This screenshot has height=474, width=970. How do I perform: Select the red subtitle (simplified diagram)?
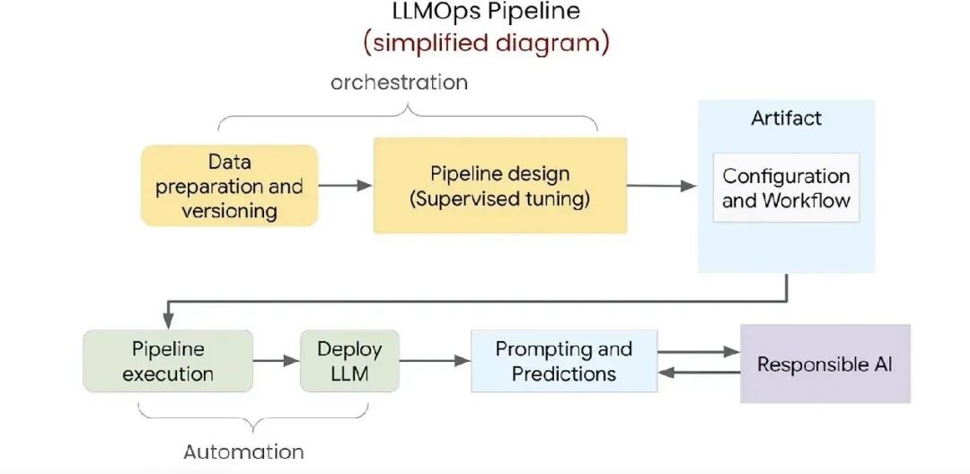click(486, 42)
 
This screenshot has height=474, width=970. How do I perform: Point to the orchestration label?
click(399, 83)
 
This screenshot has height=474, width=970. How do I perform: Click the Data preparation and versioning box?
click(229, 186)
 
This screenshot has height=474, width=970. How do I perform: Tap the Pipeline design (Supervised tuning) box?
click(499, 186)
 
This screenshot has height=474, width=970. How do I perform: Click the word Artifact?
click(786, 118)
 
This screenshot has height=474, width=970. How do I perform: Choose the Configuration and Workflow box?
click(786, 188)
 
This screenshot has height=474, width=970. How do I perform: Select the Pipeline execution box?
click(168, 361)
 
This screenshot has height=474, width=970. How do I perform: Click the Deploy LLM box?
click(349, 361)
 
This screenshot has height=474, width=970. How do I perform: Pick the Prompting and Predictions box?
click(564, 361)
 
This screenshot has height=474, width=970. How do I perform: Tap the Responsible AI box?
click(824, 364)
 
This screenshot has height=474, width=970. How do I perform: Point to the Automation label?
click(243, 452)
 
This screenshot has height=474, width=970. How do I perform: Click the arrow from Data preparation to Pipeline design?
click(345, 186)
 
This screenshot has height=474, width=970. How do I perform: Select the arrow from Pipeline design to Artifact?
click(661, 186)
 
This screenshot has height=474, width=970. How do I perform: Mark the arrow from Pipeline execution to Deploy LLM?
click(276, 361)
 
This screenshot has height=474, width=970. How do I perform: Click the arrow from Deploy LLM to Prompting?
click(435, 361)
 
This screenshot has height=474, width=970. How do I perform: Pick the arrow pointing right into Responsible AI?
click(698, 352)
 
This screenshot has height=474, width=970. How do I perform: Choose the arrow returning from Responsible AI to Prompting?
click(698, 373)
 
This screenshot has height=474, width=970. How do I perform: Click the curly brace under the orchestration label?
click(408, 113)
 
